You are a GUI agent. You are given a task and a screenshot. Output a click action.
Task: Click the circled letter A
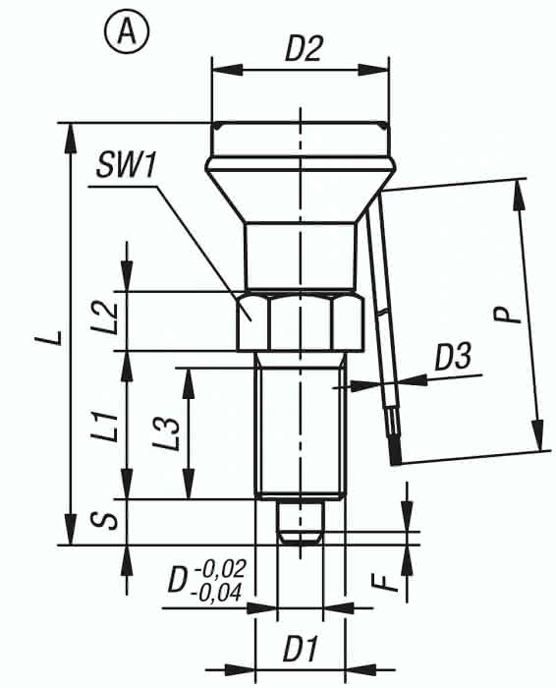127,32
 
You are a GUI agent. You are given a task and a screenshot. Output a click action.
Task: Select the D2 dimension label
304,48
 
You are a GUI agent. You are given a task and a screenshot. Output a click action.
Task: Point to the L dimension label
54,337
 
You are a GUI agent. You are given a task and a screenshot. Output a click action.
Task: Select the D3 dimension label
453,357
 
